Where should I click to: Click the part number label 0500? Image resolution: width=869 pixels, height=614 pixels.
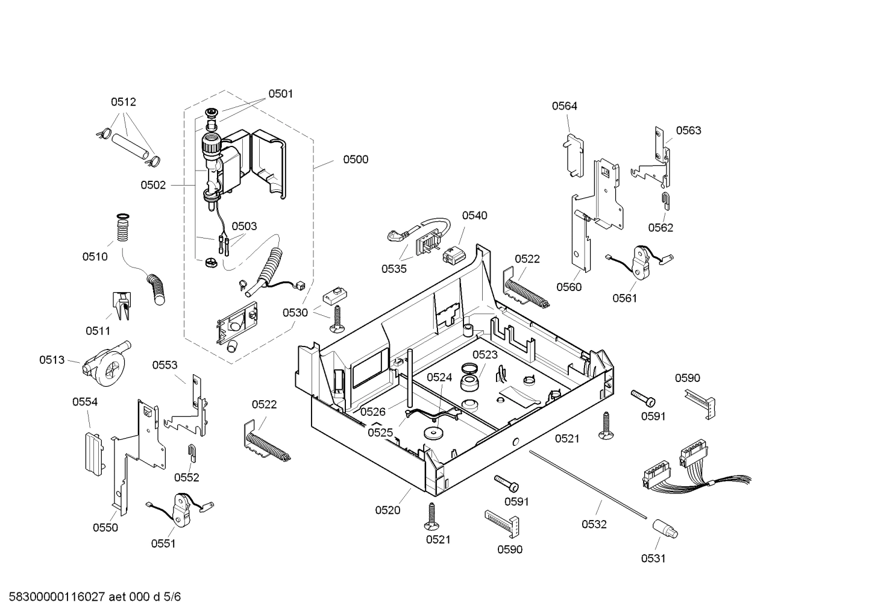click(x=356, y=160)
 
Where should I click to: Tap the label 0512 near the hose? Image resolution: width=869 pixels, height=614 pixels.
click(x=123, y=102)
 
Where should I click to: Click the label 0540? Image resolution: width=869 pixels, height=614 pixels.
click(x=475, y=216)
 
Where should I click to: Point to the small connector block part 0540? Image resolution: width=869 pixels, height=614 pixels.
click(x=452, y=256)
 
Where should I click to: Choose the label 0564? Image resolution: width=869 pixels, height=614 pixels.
click(x=565, y=106)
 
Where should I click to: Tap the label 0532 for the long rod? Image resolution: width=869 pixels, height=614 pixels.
click(x=594, y=525)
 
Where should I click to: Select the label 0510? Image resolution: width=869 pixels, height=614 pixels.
click(x=95, y=257)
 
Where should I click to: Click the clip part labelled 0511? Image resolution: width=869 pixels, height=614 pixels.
click(x=121, y=305)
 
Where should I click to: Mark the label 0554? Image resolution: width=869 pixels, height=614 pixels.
click(x=85, y=402)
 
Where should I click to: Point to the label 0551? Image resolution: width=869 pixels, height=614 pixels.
click(x=163, y=544)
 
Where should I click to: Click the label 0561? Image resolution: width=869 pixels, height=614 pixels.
click(x=624, y=298)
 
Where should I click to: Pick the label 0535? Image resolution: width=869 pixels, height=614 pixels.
click(x=394, y=269)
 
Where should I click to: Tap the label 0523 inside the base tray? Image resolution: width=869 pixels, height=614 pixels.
click(x=485, y=355)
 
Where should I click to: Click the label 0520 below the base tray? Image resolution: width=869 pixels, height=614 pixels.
click(x=387, y=510)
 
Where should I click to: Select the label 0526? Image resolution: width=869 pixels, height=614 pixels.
click(x=373, y=412)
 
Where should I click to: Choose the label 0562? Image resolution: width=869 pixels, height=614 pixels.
click(x=660, y=228)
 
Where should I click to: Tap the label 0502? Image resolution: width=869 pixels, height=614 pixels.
click(x=153, y=186)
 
